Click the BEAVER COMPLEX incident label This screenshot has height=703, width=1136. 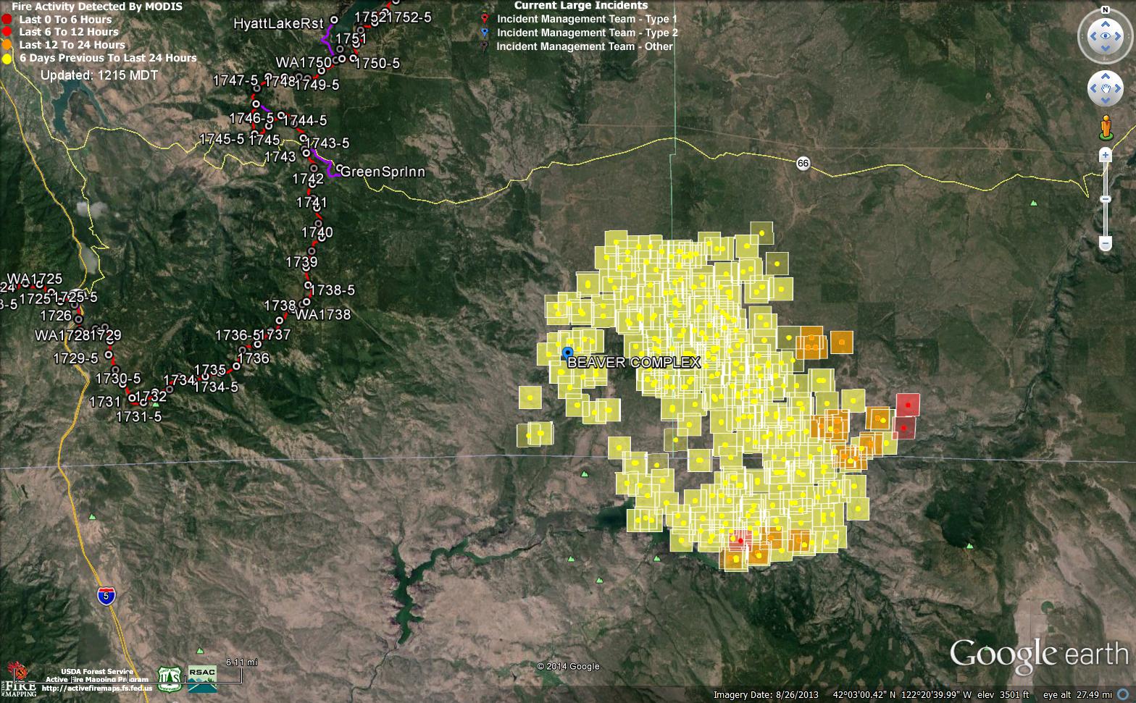[x=634, y=363]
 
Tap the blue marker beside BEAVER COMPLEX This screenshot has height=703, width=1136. [x=567, y=353]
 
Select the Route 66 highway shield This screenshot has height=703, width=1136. [x=803, y=163]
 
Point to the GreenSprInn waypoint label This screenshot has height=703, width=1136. [x=383, y=172]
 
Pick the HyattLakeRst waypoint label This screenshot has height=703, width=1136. [x=278, y=24]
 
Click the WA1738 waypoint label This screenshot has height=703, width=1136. [x=323, y=315]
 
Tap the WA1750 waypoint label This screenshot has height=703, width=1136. [x=304, y=63]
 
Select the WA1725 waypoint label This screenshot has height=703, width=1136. [x=35, y=279]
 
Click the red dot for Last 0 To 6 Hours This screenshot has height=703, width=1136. [x=7, y=20]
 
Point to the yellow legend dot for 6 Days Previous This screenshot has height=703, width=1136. [x=7, y=58]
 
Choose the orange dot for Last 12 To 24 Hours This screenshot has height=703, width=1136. [x=7, y=45]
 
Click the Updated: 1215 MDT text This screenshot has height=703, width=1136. [x=99, y=75]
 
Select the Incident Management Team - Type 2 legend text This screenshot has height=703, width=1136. [x=587, y=33]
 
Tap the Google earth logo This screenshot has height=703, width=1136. [x=1039, y=654]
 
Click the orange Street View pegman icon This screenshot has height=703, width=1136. [x=1106, y=127]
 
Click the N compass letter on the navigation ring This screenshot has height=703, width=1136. [x=1106, y=10]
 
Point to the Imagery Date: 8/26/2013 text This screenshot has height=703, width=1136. [x=766, y=695]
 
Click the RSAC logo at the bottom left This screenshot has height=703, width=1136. [x=202, y=673]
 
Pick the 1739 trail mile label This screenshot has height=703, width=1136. [x=301, y=262]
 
